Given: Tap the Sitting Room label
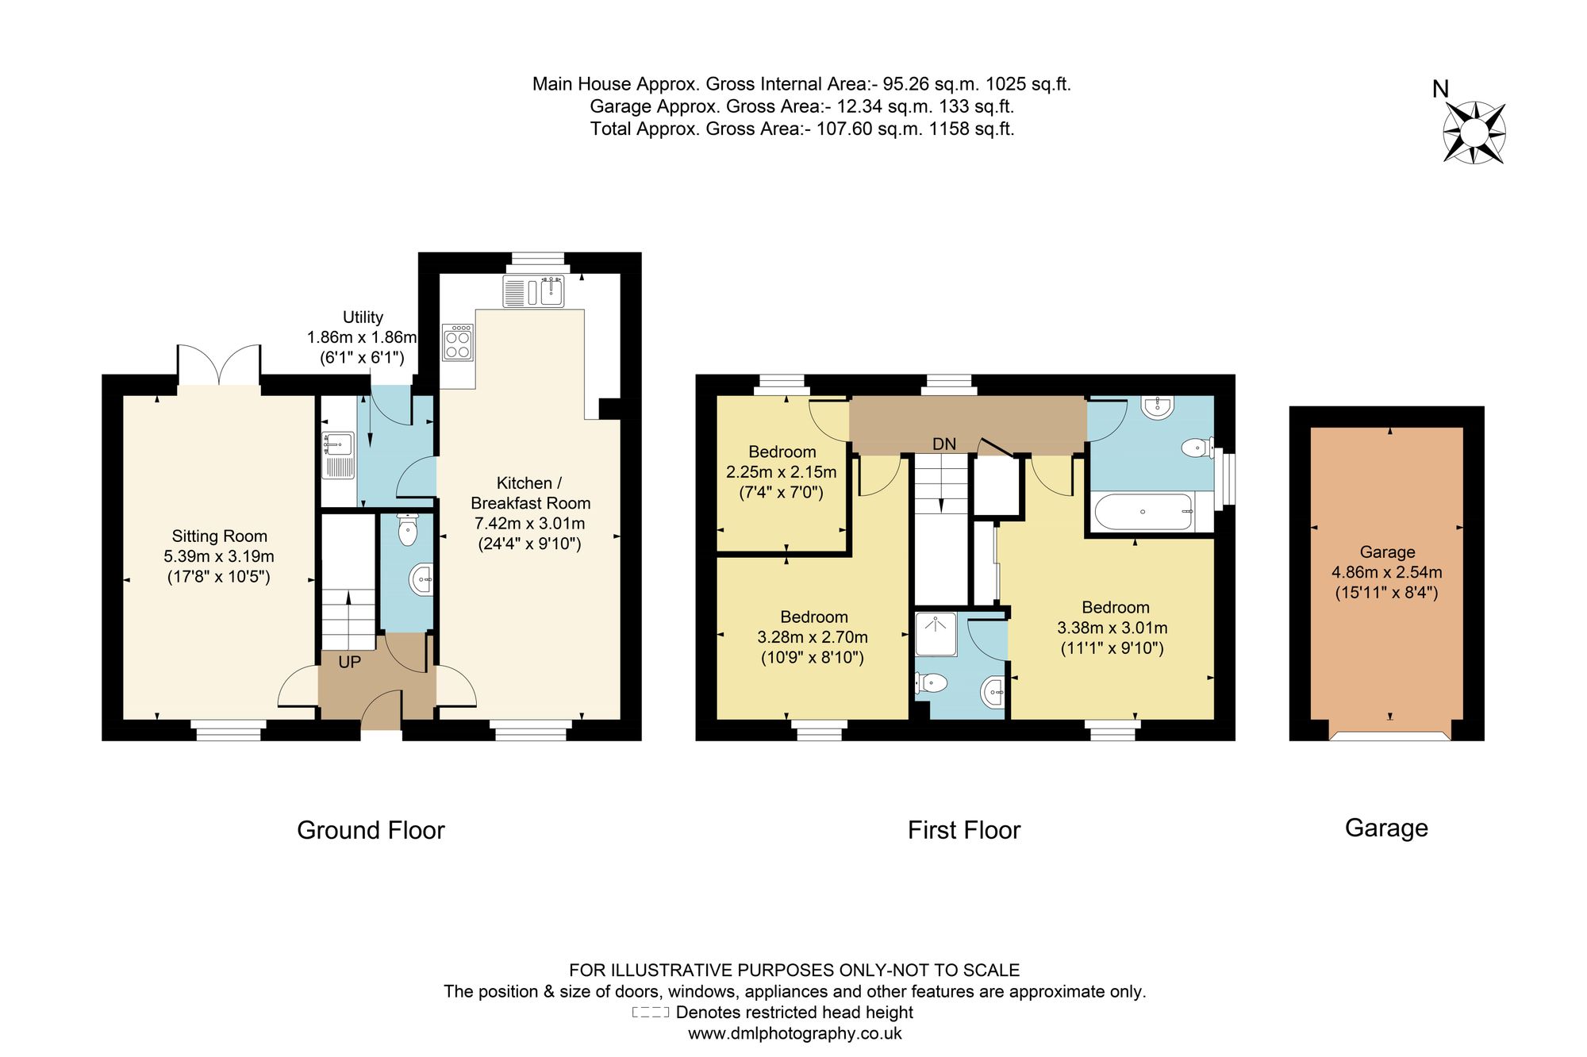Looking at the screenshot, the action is (x=219, y=536).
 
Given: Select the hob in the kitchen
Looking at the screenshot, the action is (x=458, y=342).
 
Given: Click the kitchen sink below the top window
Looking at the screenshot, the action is (x=533, y=291).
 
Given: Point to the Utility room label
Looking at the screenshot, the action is (x=363, y=317).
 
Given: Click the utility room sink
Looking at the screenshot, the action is (x=338, y=455).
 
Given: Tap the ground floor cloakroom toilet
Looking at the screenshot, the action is (x=407, y=529).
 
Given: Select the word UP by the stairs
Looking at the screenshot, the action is (x=349, y=662).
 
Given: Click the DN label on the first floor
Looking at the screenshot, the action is (x=944, y=444).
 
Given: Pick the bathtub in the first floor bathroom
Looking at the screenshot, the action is (x=1143, y=513).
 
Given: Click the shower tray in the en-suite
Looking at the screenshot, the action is (x=936, y=635).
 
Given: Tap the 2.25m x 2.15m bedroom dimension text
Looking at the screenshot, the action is (x=782, y=472).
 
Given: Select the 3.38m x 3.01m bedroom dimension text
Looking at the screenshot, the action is (x=1112, y=628).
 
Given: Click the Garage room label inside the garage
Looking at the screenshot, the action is (x=1387, y=552).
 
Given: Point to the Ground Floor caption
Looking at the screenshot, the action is (x=371, y=830).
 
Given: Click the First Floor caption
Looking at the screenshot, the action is (x=964, y=830).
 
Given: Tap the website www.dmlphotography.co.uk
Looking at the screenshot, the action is (x=795, y=1034).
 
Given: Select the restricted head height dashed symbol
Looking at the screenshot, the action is (x=651, y=1013).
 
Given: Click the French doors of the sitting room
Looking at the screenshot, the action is (x=219, y=366).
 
